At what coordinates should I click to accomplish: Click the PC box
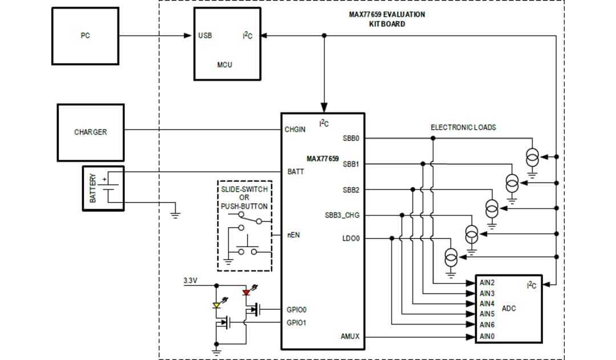85,35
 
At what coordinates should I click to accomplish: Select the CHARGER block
90,132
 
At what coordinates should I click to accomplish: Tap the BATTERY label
93,188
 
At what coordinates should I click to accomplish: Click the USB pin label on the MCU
205,35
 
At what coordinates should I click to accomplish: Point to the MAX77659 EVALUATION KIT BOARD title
386,19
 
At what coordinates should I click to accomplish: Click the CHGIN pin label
295,130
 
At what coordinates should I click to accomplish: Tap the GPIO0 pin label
296,310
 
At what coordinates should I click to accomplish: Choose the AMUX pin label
350,337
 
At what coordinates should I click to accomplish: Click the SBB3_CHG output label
342,215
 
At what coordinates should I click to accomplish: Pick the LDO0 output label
351,238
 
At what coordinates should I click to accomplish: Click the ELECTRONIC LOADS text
463,127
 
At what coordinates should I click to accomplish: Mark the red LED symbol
246,292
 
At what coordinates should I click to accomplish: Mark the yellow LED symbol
216,305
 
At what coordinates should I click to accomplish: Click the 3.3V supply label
190,281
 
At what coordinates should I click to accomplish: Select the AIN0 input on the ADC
487,336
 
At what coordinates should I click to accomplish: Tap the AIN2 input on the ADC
487,282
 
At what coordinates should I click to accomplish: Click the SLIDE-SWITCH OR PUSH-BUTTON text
244,197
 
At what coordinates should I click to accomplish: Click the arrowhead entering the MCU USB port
189,35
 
